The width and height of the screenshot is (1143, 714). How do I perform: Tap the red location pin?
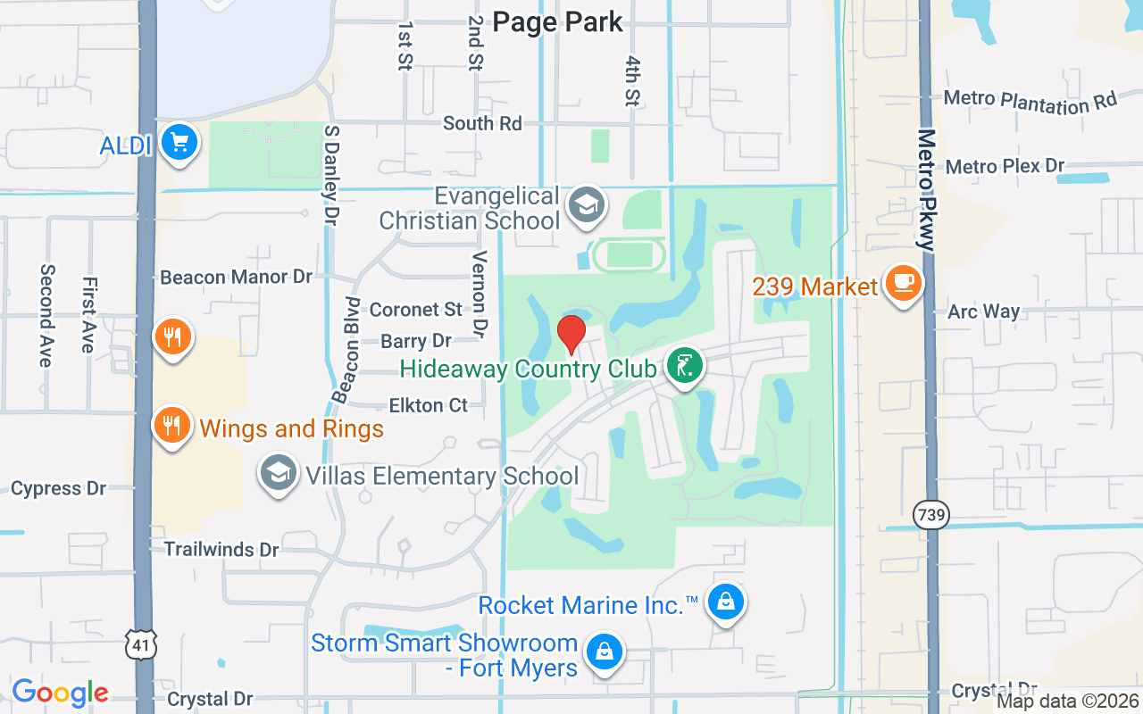(x=571, y=335)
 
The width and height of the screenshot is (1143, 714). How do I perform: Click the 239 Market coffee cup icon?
(x=903, y=283)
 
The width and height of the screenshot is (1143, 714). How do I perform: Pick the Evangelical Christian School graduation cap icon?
(x=587, y=204)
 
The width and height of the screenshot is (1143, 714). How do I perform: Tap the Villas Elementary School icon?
(x=279, y=474)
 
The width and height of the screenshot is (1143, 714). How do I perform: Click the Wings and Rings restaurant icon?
(x=171, y=426)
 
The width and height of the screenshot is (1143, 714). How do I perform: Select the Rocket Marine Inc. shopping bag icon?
(x=726, y=602)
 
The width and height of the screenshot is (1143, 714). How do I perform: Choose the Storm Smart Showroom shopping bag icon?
(x=605, y=652)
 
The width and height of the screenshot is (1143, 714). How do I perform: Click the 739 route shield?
(x=931, y=514)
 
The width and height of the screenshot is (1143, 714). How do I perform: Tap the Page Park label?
(x=557, y=22)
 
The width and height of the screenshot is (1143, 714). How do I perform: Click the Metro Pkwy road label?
(x=926, y=192)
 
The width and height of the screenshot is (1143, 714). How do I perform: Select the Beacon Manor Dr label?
(x=237, y=277)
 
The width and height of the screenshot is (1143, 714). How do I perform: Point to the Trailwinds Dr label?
(x=221, y=549)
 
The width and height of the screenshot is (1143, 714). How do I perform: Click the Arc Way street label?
(x=983, y=311)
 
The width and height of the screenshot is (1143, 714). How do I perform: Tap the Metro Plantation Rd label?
(x=1030, y=102)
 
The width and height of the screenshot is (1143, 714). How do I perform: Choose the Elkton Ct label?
(x=429, y=405)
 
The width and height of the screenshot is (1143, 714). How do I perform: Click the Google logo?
(x=61, y=693)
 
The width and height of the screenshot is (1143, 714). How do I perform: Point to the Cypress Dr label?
(x=59, y=488)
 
